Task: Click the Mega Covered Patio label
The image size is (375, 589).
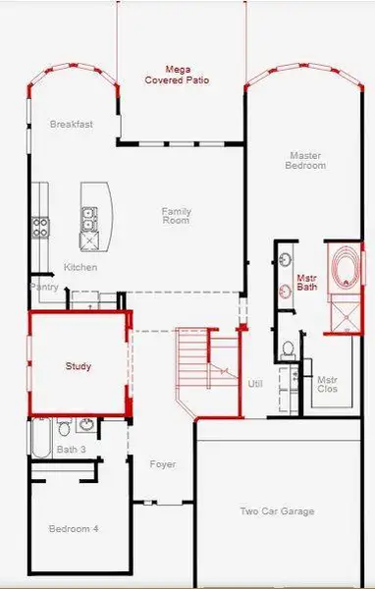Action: (178, 75)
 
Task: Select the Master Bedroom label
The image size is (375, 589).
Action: (307, 160)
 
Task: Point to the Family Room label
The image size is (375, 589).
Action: (176, 215)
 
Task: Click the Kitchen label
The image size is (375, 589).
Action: (80, 267)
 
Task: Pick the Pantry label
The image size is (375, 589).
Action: (45, 288)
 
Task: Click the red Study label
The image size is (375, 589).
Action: (79, 366)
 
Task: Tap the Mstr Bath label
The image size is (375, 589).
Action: (306, 284)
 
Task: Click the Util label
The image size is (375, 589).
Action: (255, 384)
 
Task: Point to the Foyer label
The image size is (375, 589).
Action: (162, 463)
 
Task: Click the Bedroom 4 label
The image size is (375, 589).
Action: (74, 528)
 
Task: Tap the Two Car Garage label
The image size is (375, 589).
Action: (278, 511)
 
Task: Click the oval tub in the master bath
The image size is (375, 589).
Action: (345, 268)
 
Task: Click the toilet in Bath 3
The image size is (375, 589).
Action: (62, 428)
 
